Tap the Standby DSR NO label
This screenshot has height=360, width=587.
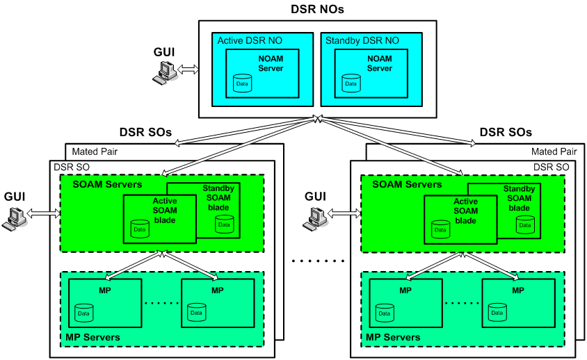point(362,41)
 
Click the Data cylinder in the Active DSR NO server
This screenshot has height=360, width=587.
point(242,83)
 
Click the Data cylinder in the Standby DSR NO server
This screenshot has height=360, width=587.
point(351,83)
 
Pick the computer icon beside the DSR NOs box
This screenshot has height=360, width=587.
point(165,73)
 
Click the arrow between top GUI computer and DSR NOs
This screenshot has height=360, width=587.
point(188,69)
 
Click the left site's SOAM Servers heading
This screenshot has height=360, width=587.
point(107,184)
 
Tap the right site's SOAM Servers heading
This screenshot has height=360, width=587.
point(407,184)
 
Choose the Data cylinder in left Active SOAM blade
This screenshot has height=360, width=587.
point(139,228)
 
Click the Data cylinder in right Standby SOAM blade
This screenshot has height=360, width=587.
point(524,224)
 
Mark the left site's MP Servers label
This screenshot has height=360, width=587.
point(92,337)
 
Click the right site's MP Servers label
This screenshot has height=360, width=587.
point(392,337)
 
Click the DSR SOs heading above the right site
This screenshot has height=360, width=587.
point(506,132)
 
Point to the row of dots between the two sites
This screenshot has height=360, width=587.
point(319,262)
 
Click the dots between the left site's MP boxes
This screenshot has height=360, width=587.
point(161,303)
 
